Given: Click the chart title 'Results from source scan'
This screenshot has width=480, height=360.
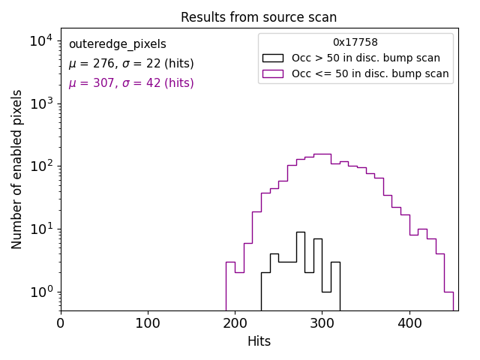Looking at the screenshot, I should [x=259, y=17].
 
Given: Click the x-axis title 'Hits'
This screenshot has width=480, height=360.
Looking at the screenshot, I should [x=259, y=341].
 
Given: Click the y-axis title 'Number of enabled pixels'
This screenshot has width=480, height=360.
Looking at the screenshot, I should [x=17, y=169].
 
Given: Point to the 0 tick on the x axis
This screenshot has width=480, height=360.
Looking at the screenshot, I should [x=61, y=323].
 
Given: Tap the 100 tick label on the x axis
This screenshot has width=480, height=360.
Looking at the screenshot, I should [x=148, y=323].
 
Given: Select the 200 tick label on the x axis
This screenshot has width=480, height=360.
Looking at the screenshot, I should [x=235, y=323].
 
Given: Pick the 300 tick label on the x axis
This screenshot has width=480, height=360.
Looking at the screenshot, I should [x=322, y=323].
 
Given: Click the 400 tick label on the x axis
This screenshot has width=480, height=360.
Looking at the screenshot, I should [x=409, y=323].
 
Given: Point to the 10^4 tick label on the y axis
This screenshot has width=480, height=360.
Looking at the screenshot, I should [x=40, y=40].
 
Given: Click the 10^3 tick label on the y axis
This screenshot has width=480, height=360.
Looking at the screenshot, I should [x=40, y=103].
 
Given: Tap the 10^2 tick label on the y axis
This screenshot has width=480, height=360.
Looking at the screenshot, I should [x=40, y=166].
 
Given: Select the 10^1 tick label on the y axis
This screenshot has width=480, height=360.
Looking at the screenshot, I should [x=40, y=229].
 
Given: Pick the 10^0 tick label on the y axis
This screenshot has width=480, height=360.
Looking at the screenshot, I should [x=40, y=292].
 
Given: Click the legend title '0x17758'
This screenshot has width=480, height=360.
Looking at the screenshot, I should [x=355, y=43].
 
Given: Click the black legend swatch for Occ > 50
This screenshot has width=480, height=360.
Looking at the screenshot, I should [x=272, y=58].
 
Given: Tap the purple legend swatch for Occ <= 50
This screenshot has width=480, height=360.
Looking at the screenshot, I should [x=272, y=73].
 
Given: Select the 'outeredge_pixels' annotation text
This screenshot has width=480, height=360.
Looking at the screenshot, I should [x=117, y=44].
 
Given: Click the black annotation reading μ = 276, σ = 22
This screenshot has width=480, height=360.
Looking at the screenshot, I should [x=131, y=64].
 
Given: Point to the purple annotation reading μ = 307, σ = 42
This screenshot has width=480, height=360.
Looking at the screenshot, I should [x=131, y=83].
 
